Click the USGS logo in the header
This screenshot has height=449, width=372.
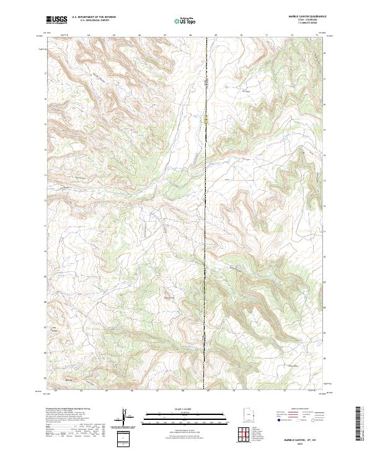(56, 20)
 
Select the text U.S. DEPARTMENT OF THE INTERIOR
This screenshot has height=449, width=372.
(94, 18)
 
